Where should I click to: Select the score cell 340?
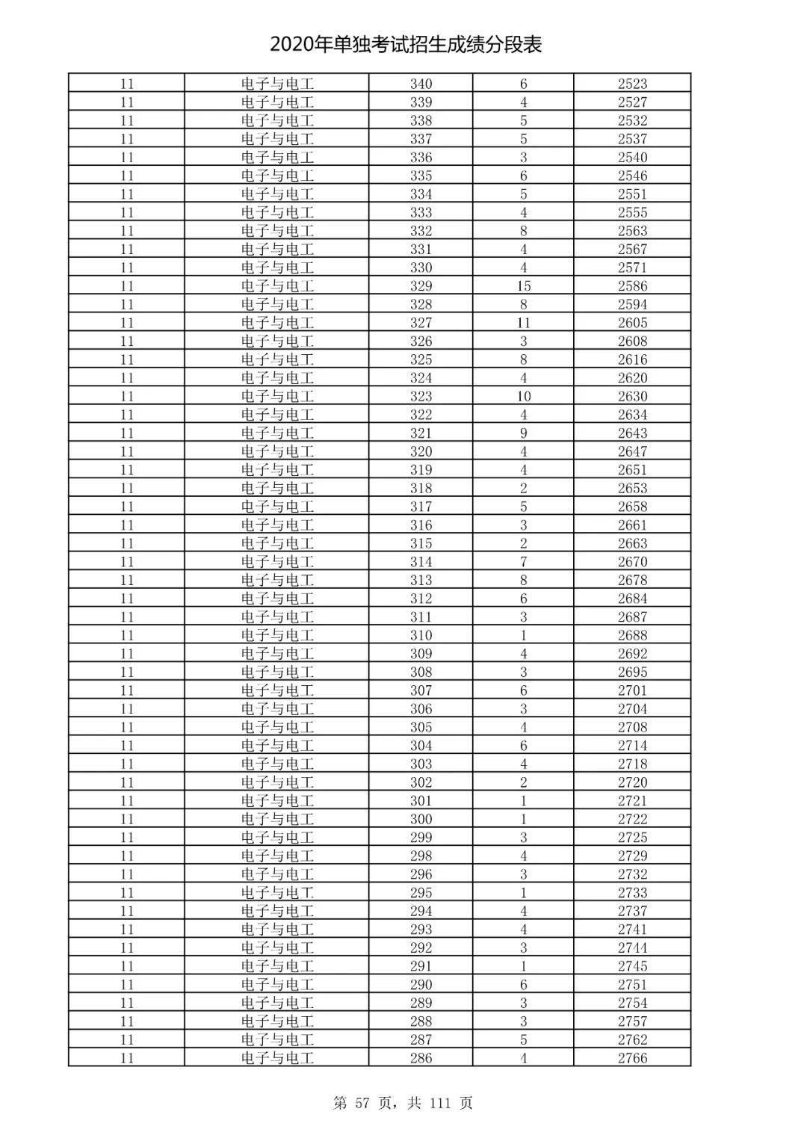421,84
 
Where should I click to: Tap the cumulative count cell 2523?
632,84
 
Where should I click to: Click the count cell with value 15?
523,286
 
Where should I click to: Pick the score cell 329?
421,286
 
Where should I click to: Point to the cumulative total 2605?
632,323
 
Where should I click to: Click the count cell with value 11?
523,323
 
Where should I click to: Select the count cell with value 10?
523,397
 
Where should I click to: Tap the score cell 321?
421,433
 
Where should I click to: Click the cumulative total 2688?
632,635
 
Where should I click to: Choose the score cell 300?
421,819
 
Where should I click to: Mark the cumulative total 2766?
632,1058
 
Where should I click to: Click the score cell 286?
421,1058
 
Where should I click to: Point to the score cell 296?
421,874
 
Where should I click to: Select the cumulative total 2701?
632,690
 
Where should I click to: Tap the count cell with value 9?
523,433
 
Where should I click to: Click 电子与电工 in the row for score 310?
277,635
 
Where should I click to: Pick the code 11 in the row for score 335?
126,176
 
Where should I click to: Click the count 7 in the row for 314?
523,562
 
